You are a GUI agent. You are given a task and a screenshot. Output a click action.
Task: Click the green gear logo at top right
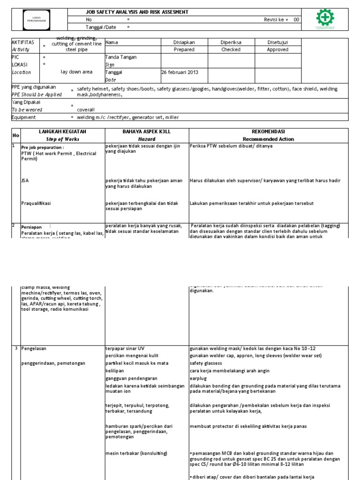(325, 19)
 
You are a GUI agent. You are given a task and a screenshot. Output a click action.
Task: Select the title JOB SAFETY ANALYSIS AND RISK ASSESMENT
(130, 12)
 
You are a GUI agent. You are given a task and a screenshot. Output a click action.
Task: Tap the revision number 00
(296, 20)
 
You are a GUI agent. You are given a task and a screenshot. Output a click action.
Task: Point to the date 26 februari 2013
(180, 72)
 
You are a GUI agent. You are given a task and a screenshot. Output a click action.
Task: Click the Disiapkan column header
(184, 42)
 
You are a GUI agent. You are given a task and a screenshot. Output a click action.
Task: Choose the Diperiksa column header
(231, 42)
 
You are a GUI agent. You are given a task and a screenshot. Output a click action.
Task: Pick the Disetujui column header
(277, 42)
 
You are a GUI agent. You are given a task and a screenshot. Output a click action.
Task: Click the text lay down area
(76, 72)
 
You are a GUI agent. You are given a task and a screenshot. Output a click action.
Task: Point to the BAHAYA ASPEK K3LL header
(146, 132)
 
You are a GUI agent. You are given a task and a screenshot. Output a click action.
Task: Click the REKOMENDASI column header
(268, 132)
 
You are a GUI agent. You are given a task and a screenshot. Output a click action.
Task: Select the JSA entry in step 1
(25, 180)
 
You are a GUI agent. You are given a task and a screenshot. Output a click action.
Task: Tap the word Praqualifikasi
(36, 203)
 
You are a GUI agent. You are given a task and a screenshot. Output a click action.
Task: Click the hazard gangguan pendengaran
(131, 378)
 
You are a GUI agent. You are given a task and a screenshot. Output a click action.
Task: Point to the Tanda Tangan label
(121, 57)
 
